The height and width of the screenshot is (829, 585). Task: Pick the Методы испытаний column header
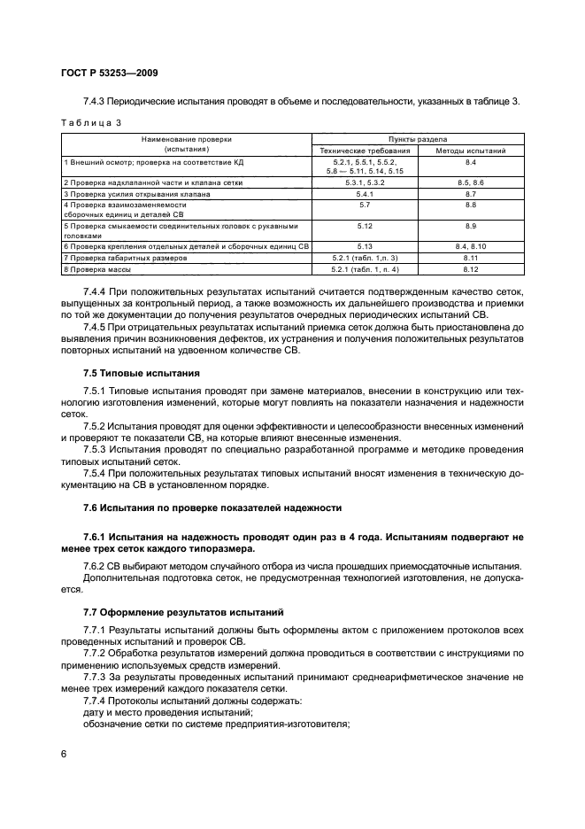pos(471,151)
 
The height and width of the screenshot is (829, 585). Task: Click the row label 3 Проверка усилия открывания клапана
pos(137,193)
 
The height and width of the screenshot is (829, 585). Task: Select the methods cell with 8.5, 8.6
pos(471,182)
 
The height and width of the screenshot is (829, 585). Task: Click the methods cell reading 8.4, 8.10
pos(471,245)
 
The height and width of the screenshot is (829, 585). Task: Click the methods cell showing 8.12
pos(471,268)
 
